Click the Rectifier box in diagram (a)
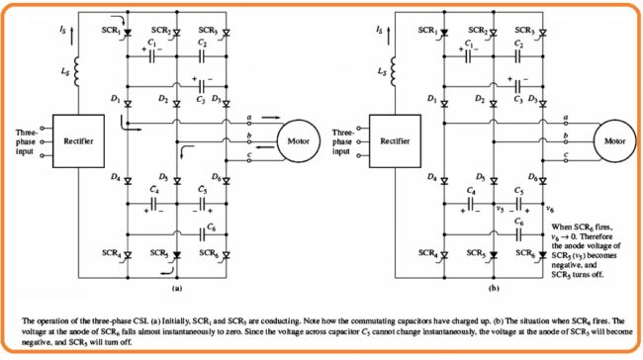coord(79,138)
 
